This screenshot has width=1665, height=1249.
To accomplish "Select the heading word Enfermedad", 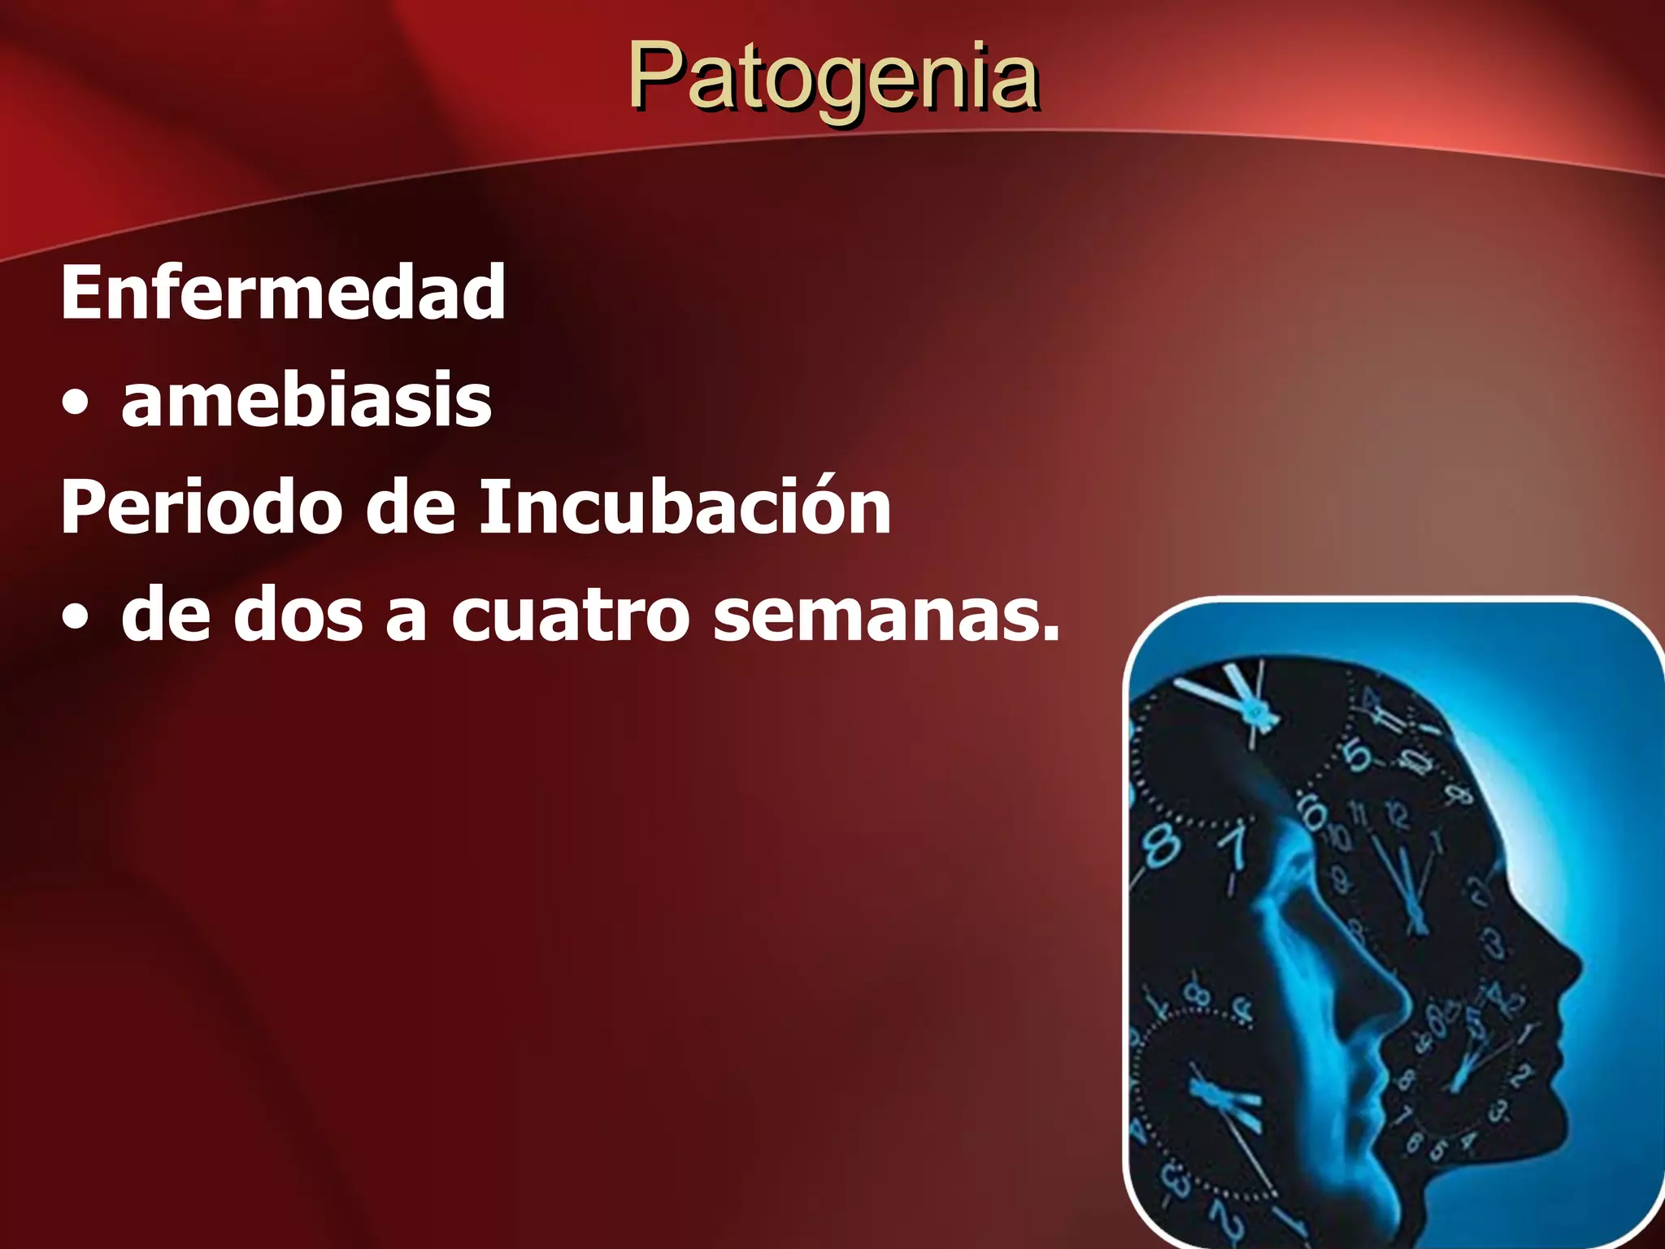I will (283, 293).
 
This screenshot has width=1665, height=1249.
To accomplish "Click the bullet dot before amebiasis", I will (76, 404).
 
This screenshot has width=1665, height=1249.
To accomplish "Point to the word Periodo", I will (200, 507).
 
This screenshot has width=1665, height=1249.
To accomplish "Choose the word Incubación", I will (685, 506).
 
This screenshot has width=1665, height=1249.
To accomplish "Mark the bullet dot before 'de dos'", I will (76, 619).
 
